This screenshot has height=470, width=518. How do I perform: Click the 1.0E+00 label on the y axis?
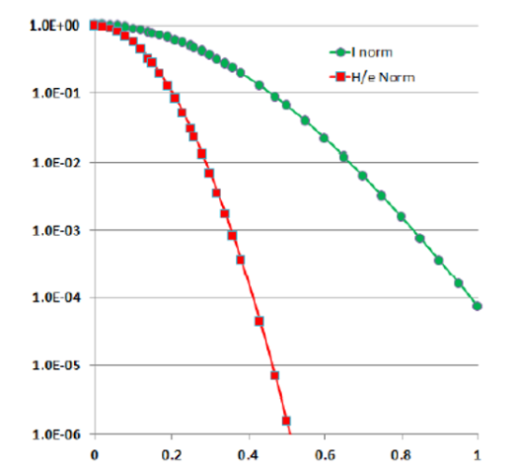tap(54, 25)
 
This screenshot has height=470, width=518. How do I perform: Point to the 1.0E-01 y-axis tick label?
tap(56, 93)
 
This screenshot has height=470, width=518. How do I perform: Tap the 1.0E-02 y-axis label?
tap(56, 163)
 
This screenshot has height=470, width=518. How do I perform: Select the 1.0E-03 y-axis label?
tap(56, 230)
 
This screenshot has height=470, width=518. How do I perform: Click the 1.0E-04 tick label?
tap(56, 298)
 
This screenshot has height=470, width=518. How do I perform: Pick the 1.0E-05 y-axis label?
tap(56, 365)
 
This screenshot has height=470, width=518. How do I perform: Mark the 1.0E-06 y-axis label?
tap(56, 434)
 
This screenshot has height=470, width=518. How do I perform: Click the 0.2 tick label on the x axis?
tap(171, 455)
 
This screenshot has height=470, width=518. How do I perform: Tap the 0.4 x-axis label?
tap(248, 455)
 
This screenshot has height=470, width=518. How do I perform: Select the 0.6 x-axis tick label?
tap(325, 455)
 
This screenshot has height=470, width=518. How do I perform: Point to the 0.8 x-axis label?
tap(401, 455)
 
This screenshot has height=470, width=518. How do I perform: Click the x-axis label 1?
tap(477, 455)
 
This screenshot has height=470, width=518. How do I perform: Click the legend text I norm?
tap(372, 52)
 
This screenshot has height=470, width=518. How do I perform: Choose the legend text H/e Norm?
tap(383, 78)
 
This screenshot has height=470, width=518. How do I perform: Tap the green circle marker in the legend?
tap(340, 52)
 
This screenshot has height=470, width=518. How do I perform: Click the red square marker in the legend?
tap(340, 78)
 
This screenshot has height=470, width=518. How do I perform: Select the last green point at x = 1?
tap(477, 306)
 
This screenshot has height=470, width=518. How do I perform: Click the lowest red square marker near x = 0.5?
tap(286, 420)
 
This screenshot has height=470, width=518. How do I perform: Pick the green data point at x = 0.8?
tap(401, 216)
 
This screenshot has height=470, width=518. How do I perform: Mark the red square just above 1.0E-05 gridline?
tap(274, 375)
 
